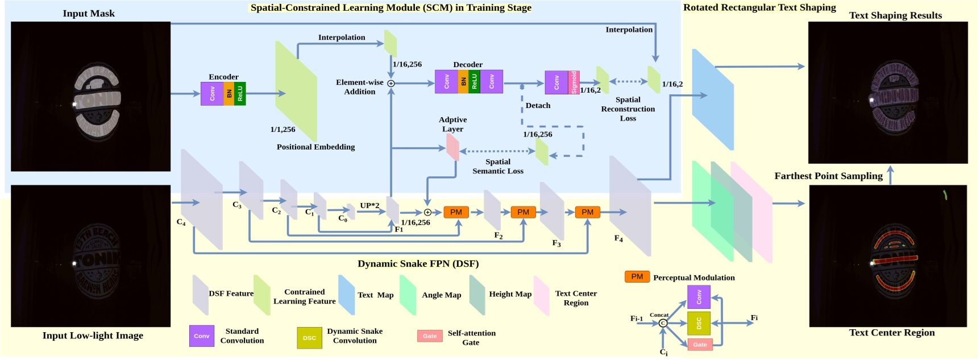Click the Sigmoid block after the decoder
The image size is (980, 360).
tap(574, 82)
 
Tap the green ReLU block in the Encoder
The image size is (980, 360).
tap(240, 93)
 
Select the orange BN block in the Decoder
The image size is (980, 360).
tap(463, 81)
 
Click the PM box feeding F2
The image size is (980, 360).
tap(456, 212)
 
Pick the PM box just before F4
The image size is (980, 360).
tap(587, 212)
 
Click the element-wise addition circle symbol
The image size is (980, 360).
tap(391, 84)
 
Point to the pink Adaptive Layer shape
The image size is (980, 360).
tap(452, 147)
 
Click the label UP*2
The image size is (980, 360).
tap(369, 205)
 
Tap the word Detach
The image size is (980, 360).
tap(538, 105)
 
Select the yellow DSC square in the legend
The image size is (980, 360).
tap(309, 337)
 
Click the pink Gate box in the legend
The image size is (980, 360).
tap(430, 336)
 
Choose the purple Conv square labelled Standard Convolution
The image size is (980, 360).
tap(202, 336)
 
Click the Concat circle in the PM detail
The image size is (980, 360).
tap(663, 323)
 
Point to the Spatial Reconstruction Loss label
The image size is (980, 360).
tap(628, 109)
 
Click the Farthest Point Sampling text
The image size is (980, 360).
tap(828, 176)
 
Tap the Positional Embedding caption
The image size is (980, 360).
tap(315, 147)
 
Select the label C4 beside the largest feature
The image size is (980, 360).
tap(181, 222)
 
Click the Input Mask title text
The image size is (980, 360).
tap(89, 13)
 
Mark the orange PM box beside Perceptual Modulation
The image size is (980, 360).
tap(637, 276)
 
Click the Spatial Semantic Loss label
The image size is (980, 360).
tap(498, 166)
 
